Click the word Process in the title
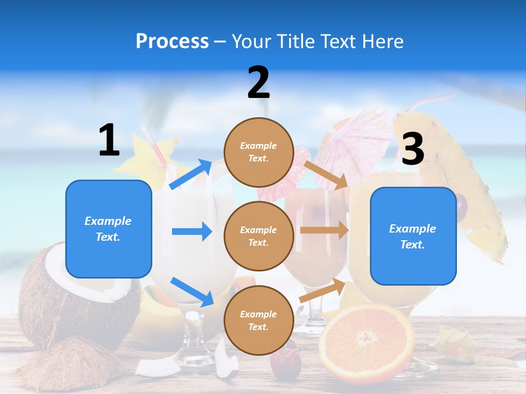(x=172, y=42)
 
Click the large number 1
(x=109, y=141)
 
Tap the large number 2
(x=259, y=83)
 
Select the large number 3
(x=413, y=149)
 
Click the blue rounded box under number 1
(x=108, y=229)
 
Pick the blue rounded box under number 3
(x=413, y=236)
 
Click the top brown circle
(x=259, y=152)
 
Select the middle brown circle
(x=259, y=236)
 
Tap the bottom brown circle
(x=259, y=320)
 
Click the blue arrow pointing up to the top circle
(x=191, y=175)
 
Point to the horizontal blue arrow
(x=192, y=231)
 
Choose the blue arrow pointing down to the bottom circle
(x=192, y=292)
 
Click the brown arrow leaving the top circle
(x=327, y=175)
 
